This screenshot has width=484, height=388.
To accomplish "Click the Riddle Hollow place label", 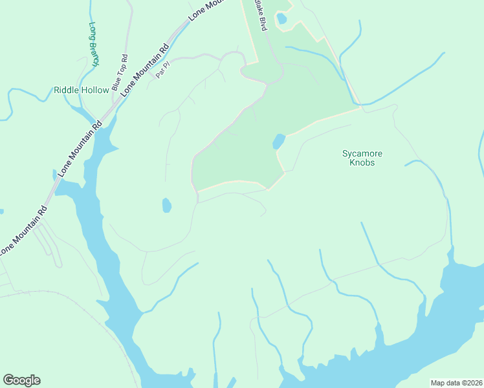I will point(82,90).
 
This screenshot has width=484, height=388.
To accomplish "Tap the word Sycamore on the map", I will point(362,153).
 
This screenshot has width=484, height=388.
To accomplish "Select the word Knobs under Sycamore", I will point(362,162).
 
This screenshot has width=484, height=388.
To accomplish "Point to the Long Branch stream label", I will point(94,45).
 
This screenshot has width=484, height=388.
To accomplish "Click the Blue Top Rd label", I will point(120,72).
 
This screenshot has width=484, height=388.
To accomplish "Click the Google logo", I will point(21,380).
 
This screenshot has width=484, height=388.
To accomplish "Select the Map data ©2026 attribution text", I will point(457,383).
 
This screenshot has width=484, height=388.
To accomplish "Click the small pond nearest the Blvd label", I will point(281,19).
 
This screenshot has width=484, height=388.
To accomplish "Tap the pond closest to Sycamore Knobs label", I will point(279,141).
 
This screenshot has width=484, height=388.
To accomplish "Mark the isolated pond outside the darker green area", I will point(166,206).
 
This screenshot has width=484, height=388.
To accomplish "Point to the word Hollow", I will point(95,90).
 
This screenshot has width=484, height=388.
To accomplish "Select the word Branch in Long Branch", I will point(96,52).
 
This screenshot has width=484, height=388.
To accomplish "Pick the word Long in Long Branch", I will point(92,32).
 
